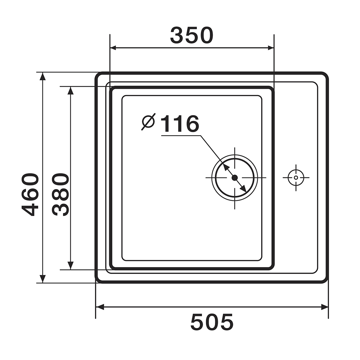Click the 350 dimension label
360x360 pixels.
pos(192,35)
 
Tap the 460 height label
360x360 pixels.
pos(30,195)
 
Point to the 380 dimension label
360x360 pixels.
pos(60,195)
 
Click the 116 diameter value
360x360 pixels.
pos(180,123)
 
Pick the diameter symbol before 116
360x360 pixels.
pos(148,122)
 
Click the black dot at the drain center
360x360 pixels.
pos(235,177)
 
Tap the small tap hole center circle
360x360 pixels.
pos(296,177)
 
